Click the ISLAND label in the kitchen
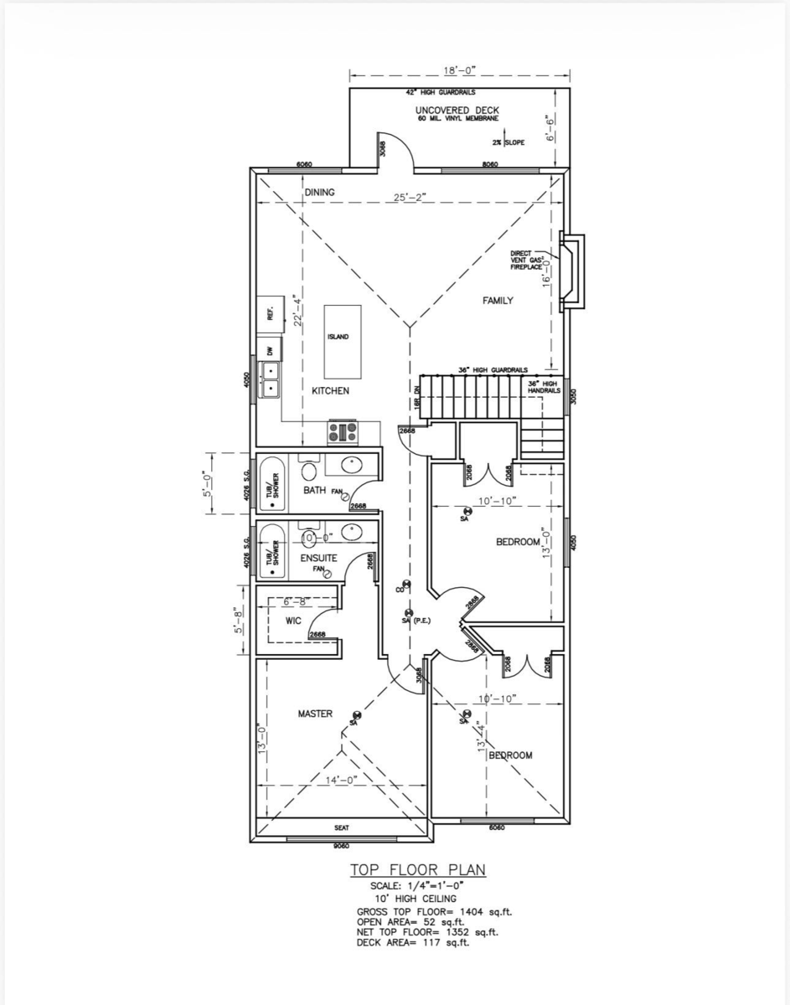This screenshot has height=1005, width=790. [343, 337]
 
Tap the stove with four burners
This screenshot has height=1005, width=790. [343, 432]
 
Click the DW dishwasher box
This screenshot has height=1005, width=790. [271, 351]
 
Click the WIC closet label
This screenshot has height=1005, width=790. [293, 621]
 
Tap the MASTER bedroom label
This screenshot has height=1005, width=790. [315, 714]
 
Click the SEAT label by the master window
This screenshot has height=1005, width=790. [342, 827]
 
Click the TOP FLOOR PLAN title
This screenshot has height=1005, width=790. [417, 871]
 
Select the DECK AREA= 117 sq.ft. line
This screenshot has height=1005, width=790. [413, 943]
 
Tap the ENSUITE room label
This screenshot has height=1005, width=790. [318, 558]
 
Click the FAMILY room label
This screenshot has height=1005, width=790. [497, 300]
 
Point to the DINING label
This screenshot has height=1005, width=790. [319, 192]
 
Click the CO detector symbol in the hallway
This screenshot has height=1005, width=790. [406, 584]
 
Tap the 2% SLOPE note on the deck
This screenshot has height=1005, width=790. [510, 142]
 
